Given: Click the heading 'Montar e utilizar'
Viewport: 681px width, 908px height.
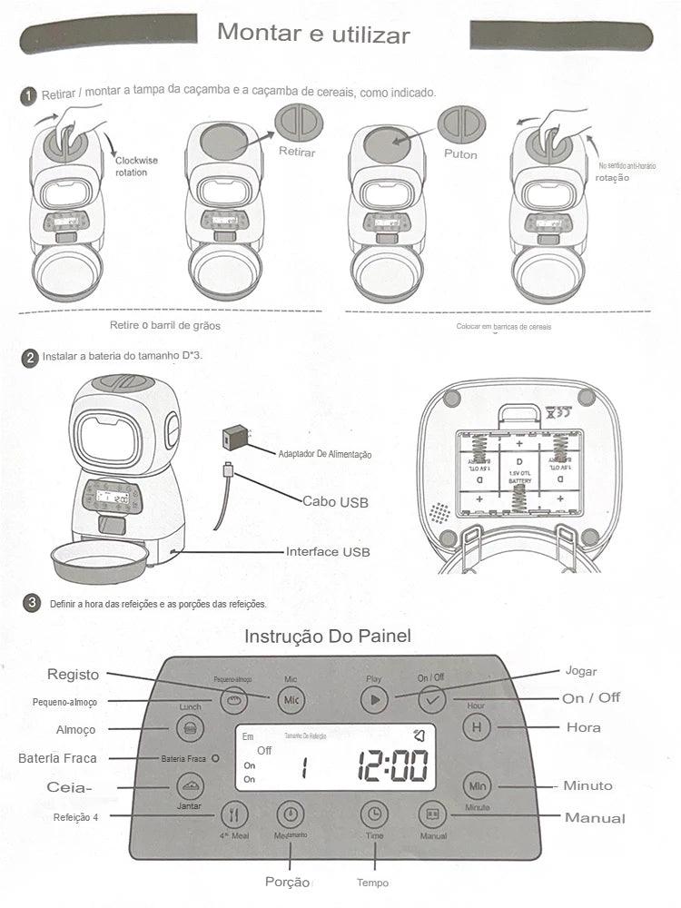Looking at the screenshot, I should point(313,35).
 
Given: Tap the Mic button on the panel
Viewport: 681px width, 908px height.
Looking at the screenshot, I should point(291,699).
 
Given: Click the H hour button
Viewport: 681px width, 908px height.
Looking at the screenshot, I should point(477,727).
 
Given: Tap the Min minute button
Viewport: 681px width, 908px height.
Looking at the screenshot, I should point(478,785).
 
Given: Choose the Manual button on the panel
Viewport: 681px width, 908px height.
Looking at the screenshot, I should point(432,814).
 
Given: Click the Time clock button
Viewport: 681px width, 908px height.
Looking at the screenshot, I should point(373,814).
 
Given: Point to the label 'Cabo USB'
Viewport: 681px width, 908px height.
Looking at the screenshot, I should point(335,500).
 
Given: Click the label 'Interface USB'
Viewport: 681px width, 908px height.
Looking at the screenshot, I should point(328,551).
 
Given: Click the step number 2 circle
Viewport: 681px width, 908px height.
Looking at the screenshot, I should point(30,358).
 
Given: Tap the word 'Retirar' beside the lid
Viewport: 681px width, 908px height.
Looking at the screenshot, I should point(297,152).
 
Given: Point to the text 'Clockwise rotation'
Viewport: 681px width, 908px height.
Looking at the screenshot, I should point(136,166).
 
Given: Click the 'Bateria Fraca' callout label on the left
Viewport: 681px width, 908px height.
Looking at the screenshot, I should point(57,757).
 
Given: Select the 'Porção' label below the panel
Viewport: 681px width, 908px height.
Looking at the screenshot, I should point(287,883).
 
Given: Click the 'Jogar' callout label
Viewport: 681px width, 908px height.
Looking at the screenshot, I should point(581,671).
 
